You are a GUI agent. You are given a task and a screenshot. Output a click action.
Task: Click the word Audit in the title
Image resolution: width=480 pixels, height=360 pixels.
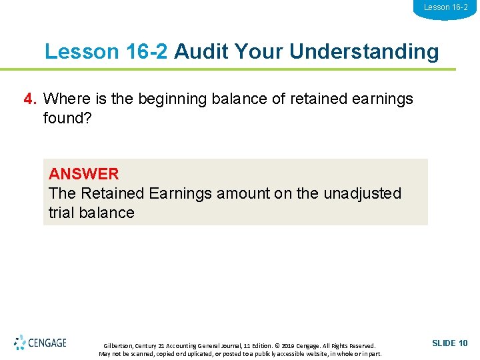(198, 51)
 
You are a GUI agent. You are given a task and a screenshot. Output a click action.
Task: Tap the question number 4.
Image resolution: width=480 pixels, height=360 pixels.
(30, 99)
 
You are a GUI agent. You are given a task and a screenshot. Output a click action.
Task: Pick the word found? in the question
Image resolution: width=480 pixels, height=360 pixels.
(67, 118)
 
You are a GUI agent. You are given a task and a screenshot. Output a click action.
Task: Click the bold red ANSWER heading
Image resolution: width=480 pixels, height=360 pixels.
(83, 174)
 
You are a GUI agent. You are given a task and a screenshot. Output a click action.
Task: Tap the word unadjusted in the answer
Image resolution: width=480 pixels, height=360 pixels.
(363, 193)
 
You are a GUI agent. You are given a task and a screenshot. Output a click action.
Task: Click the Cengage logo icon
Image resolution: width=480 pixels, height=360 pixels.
(20, 343)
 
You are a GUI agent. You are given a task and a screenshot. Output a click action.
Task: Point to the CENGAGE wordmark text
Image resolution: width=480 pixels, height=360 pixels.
(47, 343)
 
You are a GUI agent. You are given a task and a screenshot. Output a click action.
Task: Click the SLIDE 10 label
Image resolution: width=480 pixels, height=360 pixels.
(450, 343)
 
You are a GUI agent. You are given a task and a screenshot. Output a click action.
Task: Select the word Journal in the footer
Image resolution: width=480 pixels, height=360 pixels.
(235, 346)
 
